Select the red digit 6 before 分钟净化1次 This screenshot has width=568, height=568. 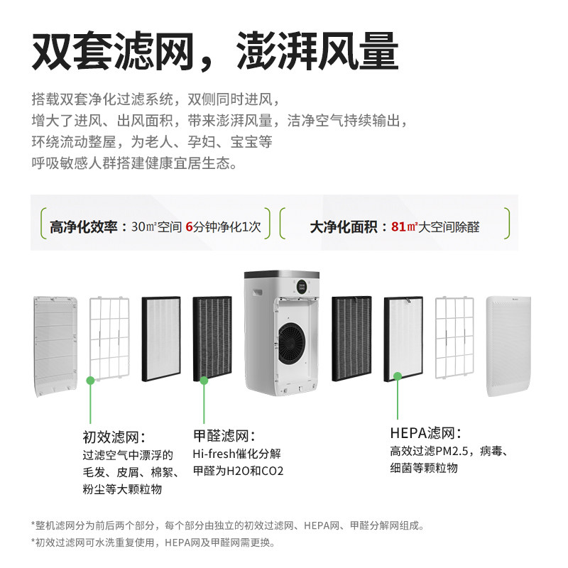(189, 227)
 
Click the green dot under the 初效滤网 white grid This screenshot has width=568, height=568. (90, 381)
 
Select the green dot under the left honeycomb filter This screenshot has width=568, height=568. (204, 381)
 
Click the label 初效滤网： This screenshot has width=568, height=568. (114, 437)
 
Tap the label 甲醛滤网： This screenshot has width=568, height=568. (224, 436)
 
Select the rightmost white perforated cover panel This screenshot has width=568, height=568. (508, 346)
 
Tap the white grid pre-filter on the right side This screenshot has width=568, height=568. (454, 337)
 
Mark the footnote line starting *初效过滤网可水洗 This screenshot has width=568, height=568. (153, 543)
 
